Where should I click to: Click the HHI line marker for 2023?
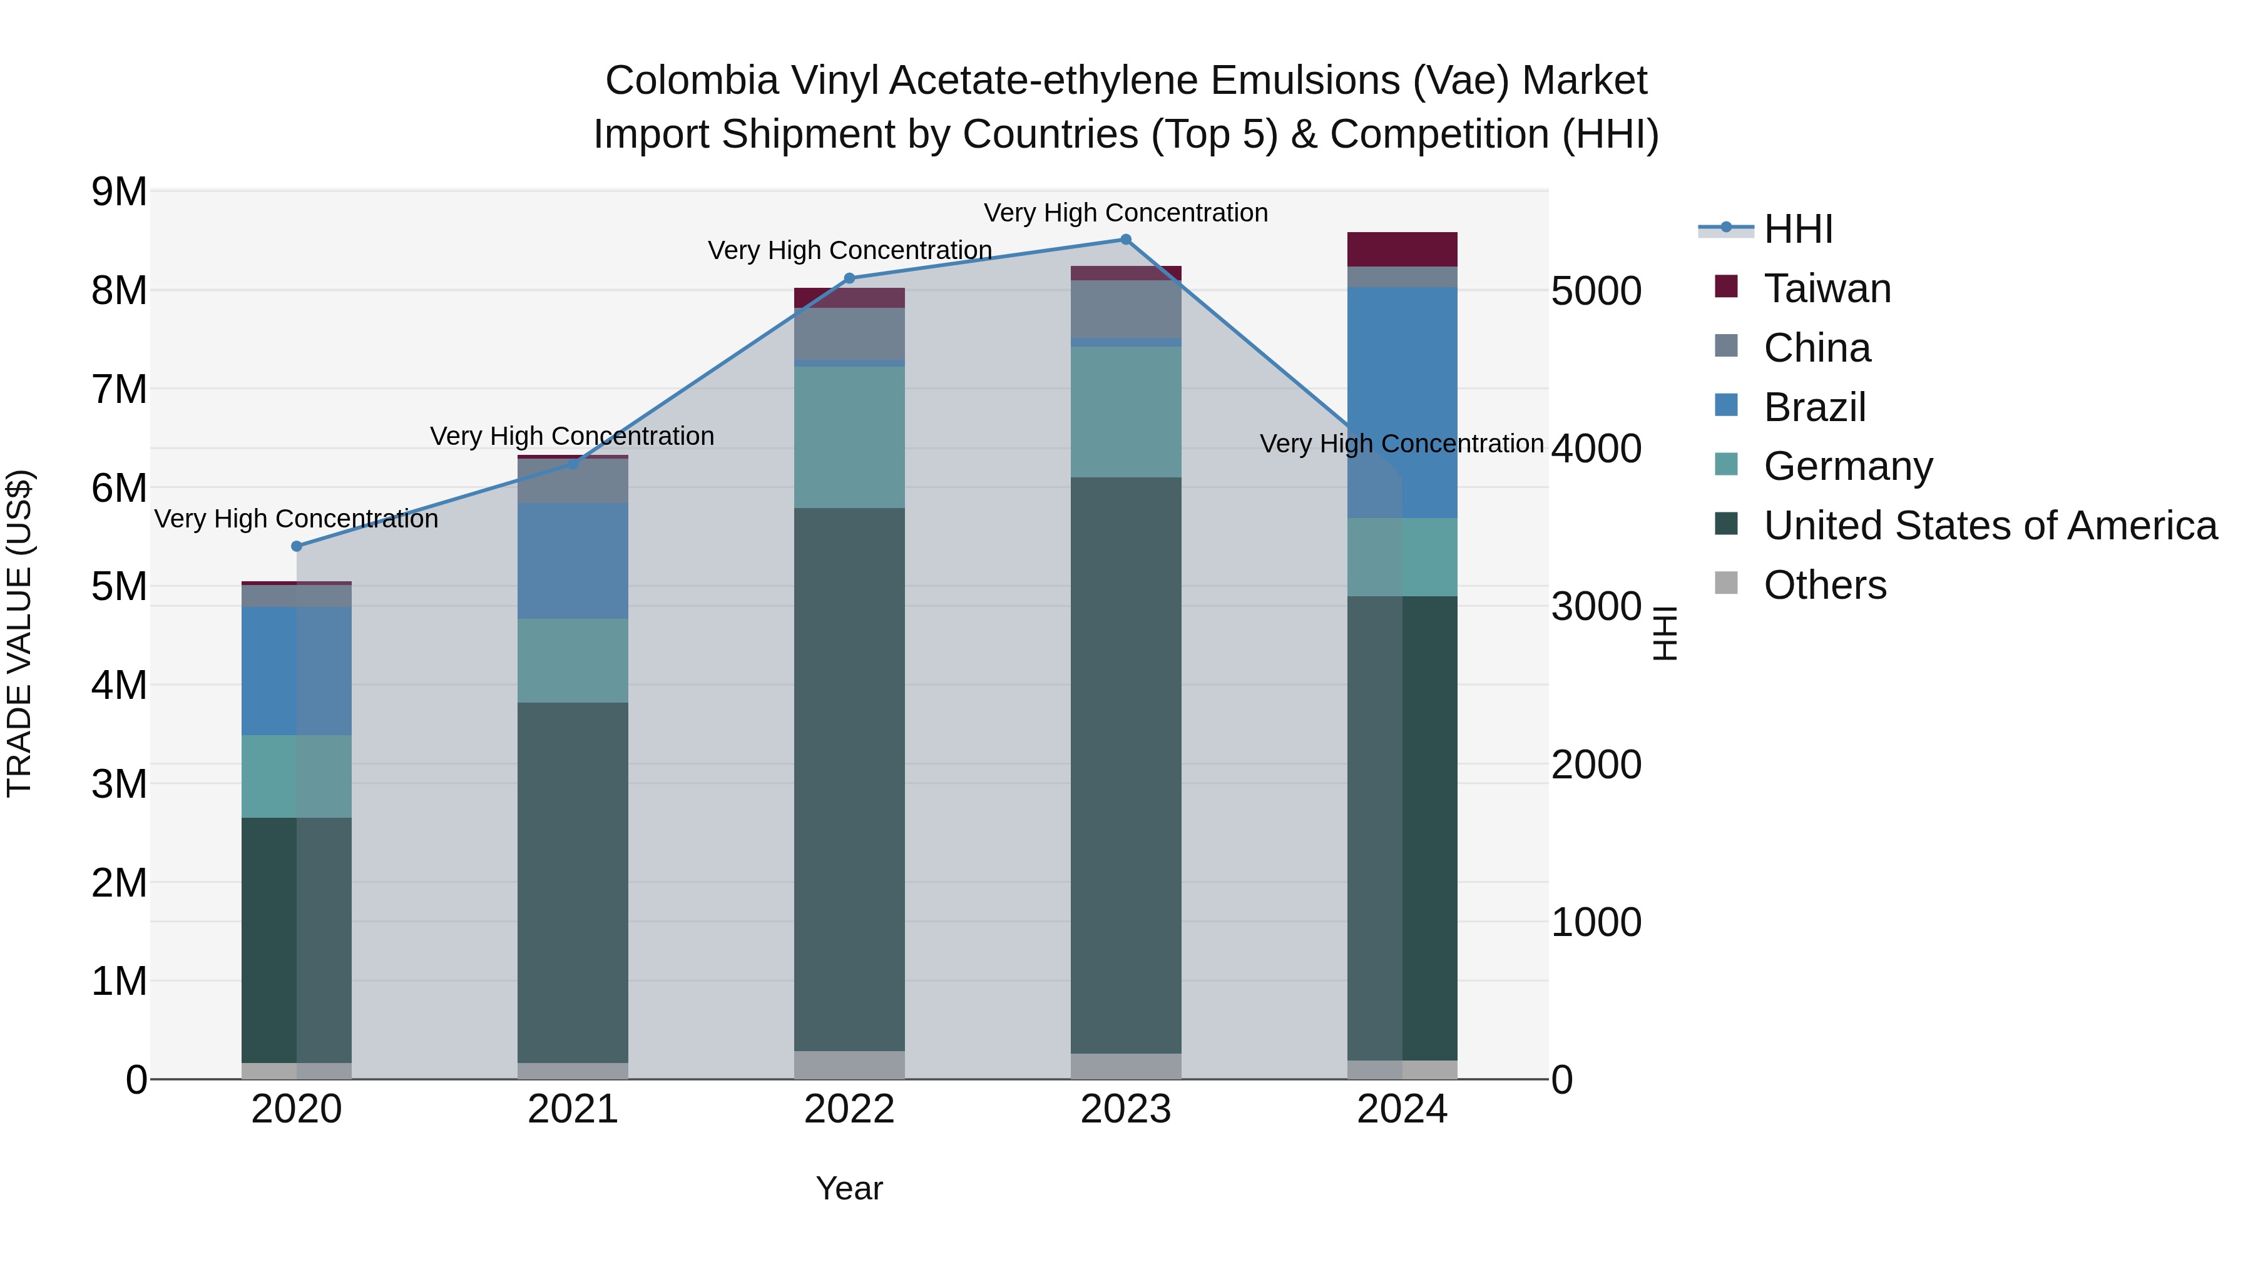[x=1126, y=240]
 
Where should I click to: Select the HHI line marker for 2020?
[x=297, y=546]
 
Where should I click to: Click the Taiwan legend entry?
[x=1826, y=288]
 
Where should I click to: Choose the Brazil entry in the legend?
[x=1814, y=407]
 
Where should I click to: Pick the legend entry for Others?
[x=1824, y=585]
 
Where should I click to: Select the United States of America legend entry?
[x=1990, y=526]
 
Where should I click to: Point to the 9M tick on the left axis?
[x=119, y=191]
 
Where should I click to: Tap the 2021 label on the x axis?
[x=573, y=1109]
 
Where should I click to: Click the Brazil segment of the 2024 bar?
[x=1402, y=402]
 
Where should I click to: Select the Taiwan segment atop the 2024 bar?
[x=1402, y=249]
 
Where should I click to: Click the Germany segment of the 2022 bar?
[x=849, y=437]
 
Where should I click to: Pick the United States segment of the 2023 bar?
[x=1126, y=765]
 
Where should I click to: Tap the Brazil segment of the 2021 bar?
[x=573, y=561]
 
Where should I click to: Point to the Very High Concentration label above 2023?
[x=1126, y=213]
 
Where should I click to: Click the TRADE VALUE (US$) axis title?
[x=20, y=633]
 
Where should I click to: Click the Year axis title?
[x=849, y=1188]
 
